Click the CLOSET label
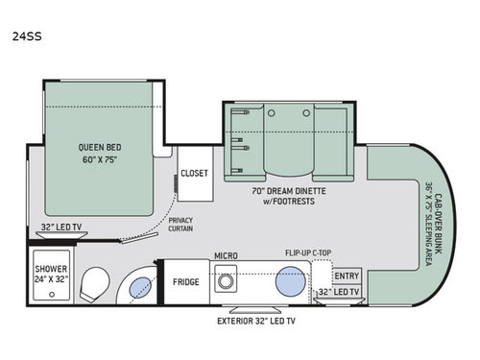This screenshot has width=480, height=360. click(x=194, y=174)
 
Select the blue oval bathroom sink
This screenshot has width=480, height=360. click(x=139, y=285)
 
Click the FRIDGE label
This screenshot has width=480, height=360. click(x=186, y=283)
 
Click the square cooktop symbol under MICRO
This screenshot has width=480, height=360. click(x=228, y=284)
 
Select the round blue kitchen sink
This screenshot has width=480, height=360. click(x=290, y=284)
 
